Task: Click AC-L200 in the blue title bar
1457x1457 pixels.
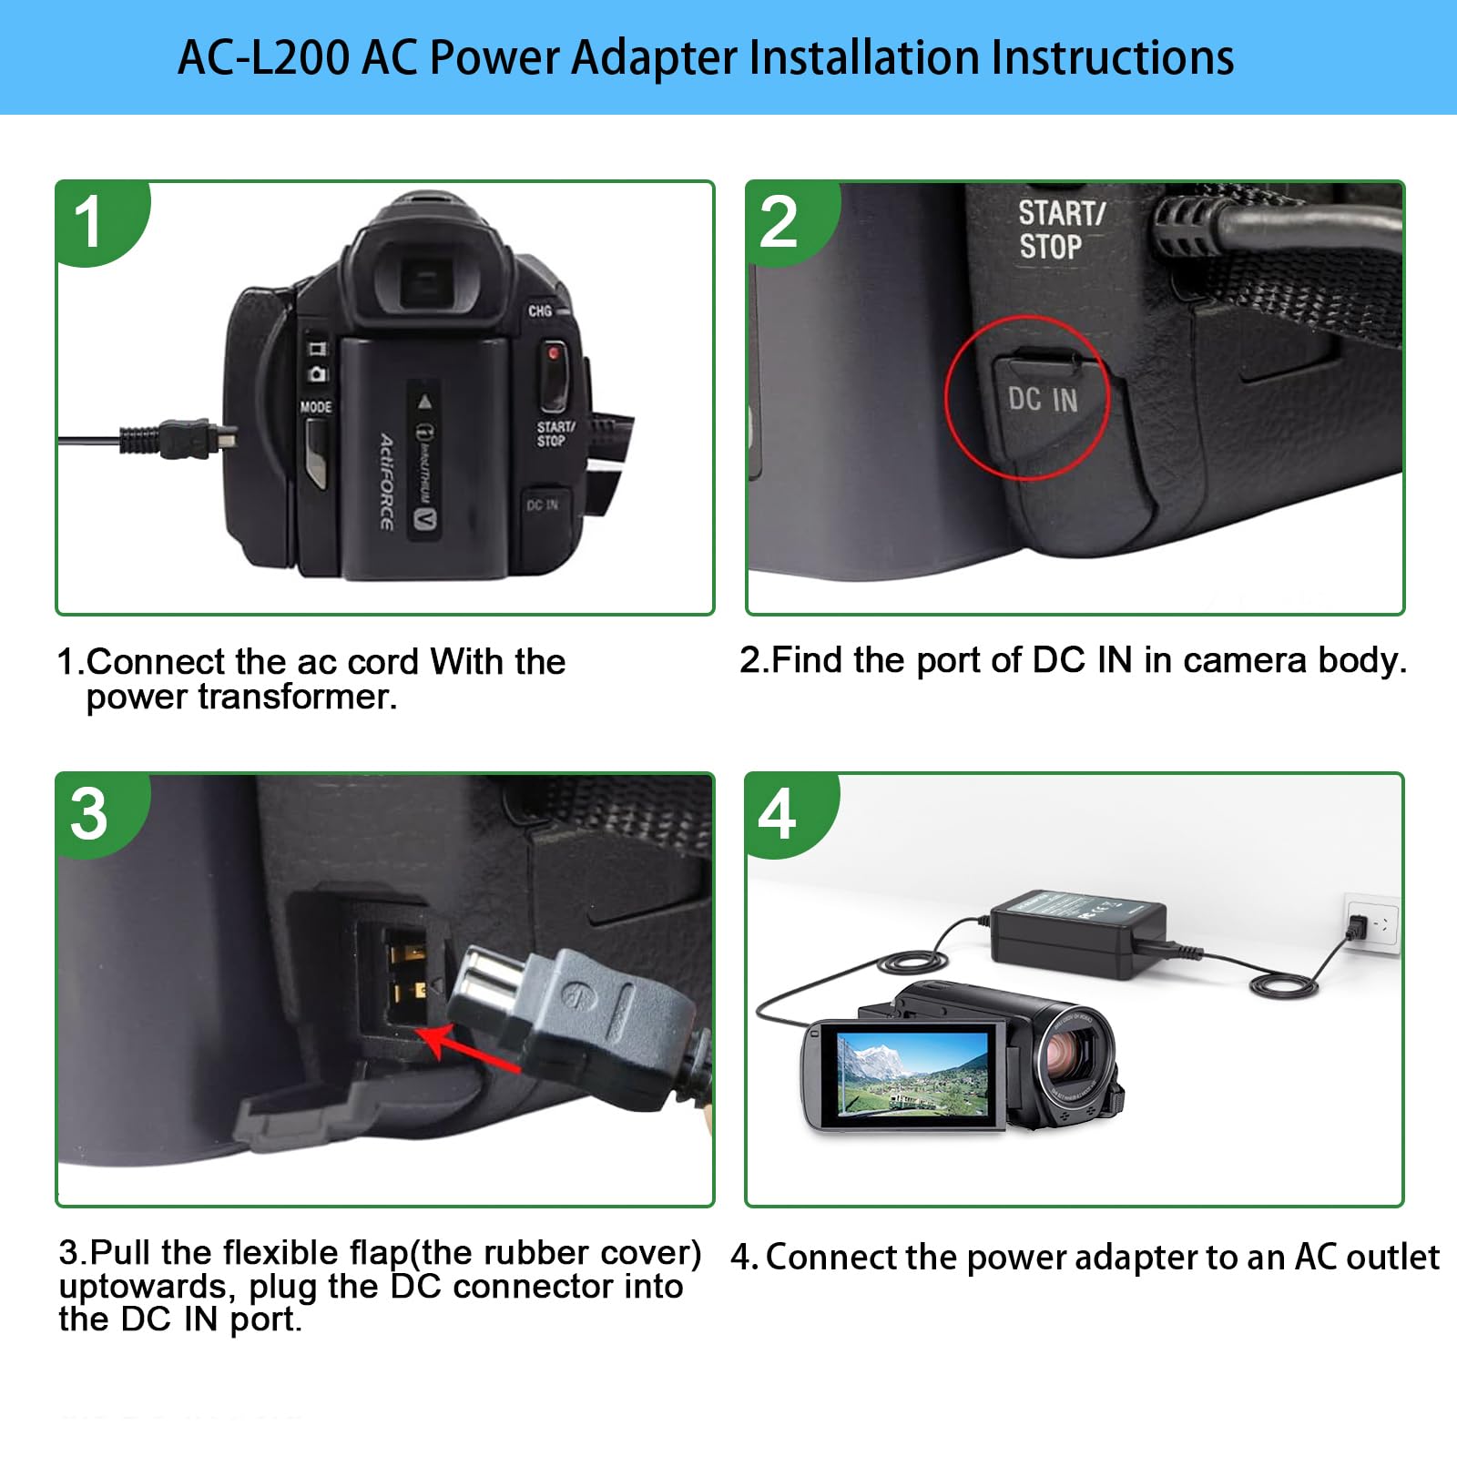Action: coord(262,57)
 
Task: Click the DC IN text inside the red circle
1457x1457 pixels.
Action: coord(1043,400)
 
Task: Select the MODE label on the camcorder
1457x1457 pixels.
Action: coord(316,407)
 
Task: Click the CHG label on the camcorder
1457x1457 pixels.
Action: coord(540,311)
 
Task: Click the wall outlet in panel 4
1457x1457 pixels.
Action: coord(1371,925)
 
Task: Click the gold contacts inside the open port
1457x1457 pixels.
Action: coord(407,972)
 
